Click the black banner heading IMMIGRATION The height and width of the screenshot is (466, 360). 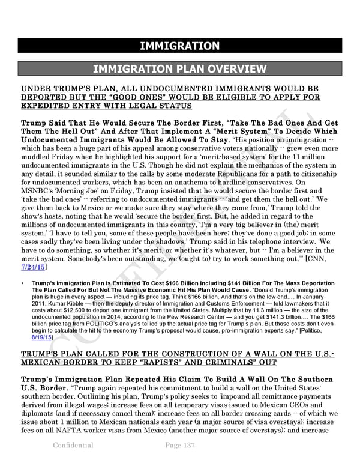tap(179, 46)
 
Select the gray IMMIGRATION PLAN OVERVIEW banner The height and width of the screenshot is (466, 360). tap(179, 69)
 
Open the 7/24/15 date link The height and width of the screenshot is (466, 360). tap(32, 266)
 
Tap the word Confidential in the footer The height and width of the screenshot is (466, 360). tap(73, 445)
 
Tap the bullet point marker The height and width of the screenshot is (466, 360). tap(23, 283)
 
